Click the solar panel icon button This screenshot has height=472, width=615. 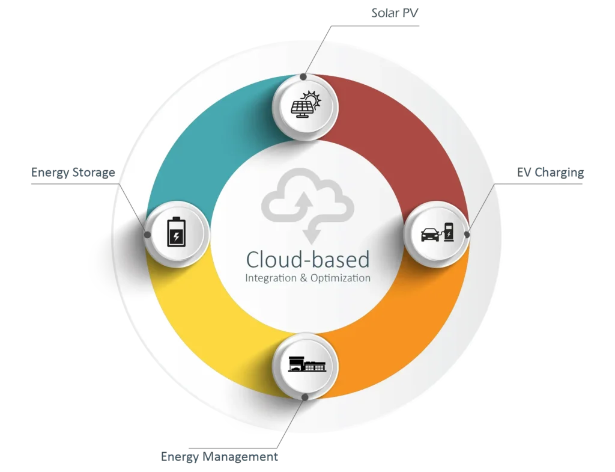(x=306, y=108)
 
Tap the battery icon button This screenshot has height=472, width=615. (x=177, y=233)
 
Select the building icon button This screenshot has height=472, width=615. (x=306, y=364)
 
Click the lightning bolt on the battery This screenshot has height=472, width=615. (x=176, y=236)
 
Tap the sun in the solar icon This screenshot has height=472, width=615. (x=312, y=99)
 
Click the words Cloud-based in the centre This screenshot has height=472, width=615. (x=307, y=259)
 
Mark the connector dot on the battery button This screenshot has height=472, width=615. (x=147, y=233)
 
